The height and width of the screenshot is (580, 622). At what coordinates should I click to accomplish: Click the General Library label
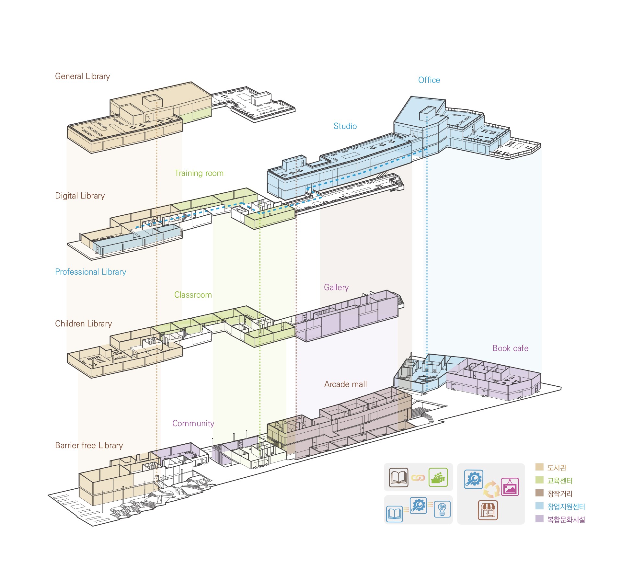coord(82,76)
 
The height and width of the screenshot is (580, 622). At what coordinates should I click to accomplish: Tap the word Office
coord(429,80)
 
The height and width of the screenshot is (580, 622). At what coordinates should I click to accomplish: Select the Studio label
coord(345,126)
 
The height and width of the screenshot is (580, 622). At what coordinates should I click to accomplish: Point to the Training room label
coord(199,173)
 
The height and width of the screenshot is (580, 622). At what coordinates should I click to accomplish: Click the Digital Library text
coord(80,196)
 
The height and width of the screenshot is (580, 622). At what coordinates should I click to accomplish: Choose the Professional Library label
coord(90,272)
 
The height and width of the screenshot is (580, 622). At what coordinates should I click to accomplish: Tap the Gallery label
coord(336,288)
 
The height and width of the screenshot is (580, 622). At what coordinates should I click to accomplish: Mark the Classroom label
coord(193,295)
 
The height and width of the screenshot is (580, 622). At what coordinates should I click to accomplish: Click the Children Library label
coord(83,324)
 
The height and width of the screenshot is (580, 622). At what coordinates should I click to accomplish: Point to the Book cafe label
coord(510,348)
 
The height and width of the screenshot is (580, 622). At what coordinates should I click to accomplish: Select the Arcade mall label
coord(345,384)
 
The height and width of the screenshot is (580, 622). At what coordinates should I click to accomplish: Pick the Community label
coord(193,424)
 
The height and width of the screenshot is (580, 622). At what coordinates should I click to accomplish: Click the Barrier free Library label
coord(89,446)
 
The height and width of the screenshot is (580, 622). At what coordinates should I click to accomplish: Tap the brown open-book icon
coord(398,478)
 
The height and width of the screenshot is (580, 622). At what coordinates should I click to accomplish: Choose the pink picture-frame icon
coord(510,487)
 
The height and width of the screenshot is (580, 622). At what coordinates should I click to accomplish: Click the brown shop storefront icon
coord(488,510)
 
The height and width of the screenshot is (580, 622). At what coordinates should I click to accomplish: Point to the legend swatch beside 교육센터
coord(539,480)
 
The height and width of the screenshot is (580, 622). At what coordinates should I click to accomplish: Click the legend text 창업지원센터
coord(566,506)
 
